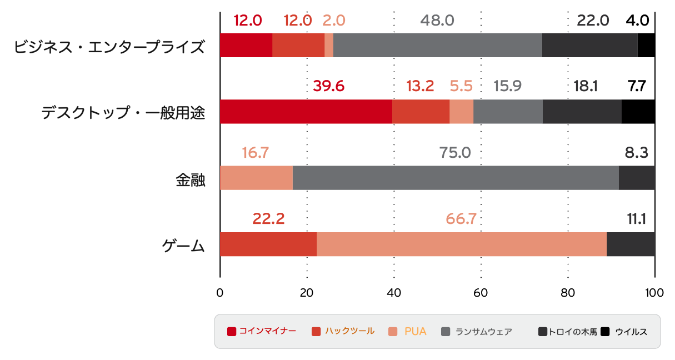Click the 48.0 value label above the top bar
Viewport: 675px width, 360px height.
point(437,21)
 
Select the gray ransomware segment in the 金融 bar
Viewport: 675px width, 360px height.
point(456,178)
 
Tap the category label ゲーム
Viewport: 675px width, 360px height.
point(183,246)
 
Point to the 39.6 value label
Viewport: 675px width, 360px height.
point(328,87)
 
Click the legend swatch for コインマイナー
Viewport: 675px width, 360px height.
point(232,332)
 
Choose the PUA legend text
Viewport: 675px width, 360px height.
point(415,332)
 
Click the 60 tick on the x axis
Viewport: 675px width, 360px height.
point(481,293)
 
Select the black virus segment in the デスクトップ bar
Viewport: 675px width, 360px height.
point(638,112)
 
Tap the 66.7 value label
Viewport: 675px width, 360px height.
point(461,219)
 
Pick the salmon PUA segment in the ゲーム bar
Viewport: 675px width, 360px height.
point(461,244)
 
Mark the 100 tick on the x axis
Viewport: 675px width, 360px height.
point(654,293)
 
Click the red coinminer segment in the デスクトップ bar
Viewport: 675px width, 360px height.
point(306,112)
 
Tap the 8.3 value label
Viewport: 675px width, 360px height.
point(637,153)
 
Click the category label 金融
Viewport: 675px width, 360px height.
point(191,180)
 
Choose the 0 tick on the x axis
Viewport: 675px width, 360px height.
point(220,293)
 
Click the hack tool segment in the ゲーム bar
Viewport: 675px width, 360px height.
point(268,244)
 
